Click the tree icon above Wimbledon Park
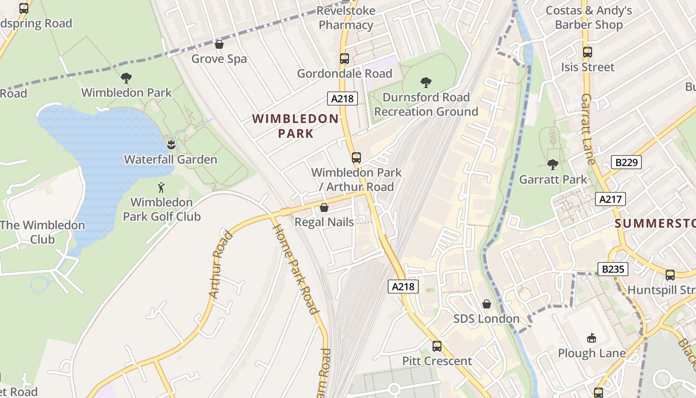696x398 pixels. [x=126, y=78]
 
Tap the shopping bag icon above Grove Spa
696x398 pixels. [x=219, y=44]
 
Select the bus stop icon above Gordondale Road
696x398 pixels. [x=345, y=59]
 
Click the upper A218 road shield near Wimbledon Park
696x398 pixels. [x=343, y=99]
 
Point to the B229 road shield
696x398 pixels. [x=626, y=162]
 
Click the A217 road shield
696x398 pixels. [x=610, y=199]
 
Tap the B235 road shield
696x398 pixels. [x=612, y=269]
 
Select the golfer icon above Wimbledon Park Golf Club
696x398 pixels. [x=161, y=188]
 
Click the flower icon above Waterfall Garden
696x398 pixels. [x=171, y=145]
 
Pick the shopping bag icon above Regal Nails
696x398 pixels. [x=324, y=207]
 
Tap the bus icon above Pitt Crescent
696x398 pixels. [x=436, y=346]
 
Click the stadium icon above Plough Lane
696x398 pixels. [x=591, y=338]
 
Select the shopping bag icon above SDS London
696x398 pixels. [x=486, y=304]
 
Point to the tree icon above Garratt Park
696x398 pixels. [x=552, y=165]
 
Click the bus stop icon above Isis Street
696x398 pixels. [x=587, y=52]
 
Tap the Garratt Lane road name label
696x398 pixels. [x=587, y=129]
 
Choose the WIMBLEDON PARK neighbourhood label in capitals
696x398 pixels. [x=295, y=126]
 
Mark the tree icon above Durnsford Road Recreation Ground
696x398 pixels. [x=426, y=83]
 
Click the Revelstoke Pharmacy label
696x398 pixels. [x=346, y=18]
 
